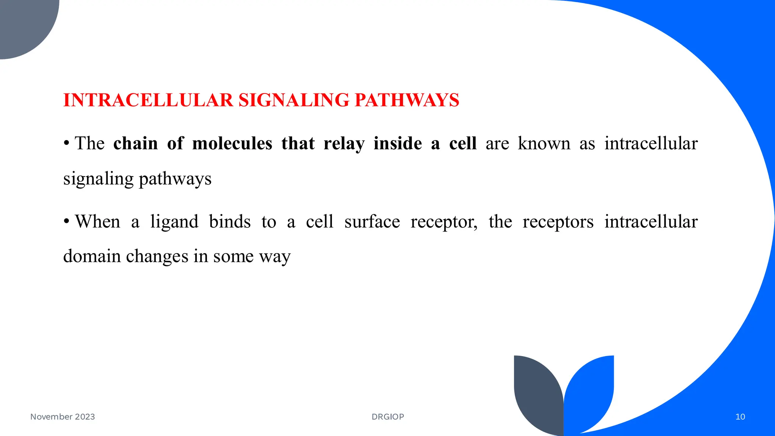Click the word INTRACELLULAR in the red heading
tap(148, 100)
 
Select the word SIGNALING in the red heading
tap(294, 100)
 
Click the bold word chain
tap(135, 144)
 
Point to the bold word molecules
tap(232, 144)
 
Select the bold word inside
tap(397, 144)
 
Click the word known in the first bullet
tap(544, 144)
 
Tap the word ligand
tap(174, 222)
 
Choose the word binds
tap(230, 222)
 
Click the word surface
tap(372, 222)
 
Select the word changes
tap(157, 257)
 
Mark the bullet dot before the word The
tap(67, 143)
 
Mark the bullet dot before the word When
tap(67, 221)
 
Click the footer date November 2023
tap(62, 417)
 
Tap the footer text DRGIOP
tap(388, 417)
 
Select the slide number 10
tap(740, 417)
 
